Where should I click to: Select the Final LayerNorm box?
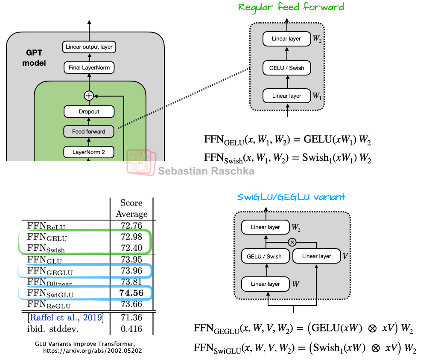pyautogui.click(x=89, y=67)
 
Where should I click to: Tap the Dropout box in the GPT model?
pyautogui.click(x=89, y=112)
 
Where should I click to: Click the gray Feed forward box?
pyautogui.click(x=89, y=132)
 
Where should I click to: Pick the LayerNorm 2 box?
pyautogui.click(x=89, y=151)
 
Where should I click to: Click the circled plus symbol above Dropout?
pyautogui.click(x=89, y=96)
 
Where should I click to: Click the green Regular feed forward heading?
pyautogui.click(x=291, y=7)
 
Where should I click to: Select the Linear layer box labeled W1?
pyautogui.click(x=286, y=96)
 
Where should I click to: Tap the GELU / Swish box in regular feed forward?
pyautogui.click(x=286, y=68)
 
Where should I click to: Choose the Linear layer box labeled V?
pyautogui.click(x=316, y=256)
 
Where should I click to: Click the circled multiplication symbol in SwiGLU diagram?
pyautogui.click(x=292, y=242)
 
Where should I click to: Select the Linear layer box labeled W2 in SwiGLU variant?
pyautogui.click(x=265, y=227)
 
